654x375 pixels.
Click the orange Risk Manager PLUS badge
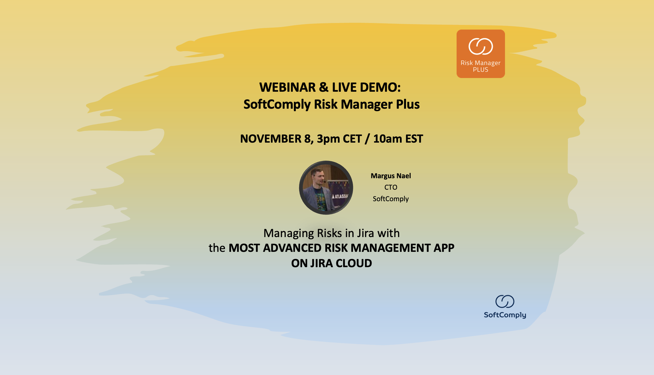481,54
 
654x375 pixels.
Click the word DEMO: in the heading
380,88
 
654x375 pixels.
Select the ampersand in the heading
324,88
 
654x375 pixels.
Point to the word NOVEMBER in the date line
271,139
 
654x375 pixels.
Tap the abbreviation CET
352,139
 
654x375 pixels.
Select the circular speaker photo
326,187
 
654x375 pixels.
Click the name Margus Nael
391,176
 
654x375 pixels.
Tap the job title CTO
391,187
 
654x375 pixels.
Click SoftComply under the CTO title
391,199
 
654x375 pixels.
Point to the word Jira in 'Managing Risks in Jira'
366,233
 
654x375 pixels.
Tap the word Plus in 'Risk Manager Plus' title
408,105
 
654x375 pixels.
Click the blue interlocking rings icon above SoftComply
505,301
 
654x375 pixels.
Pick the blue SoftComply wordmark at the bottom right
505,315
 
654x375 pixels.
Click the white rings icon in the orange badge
481,46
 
